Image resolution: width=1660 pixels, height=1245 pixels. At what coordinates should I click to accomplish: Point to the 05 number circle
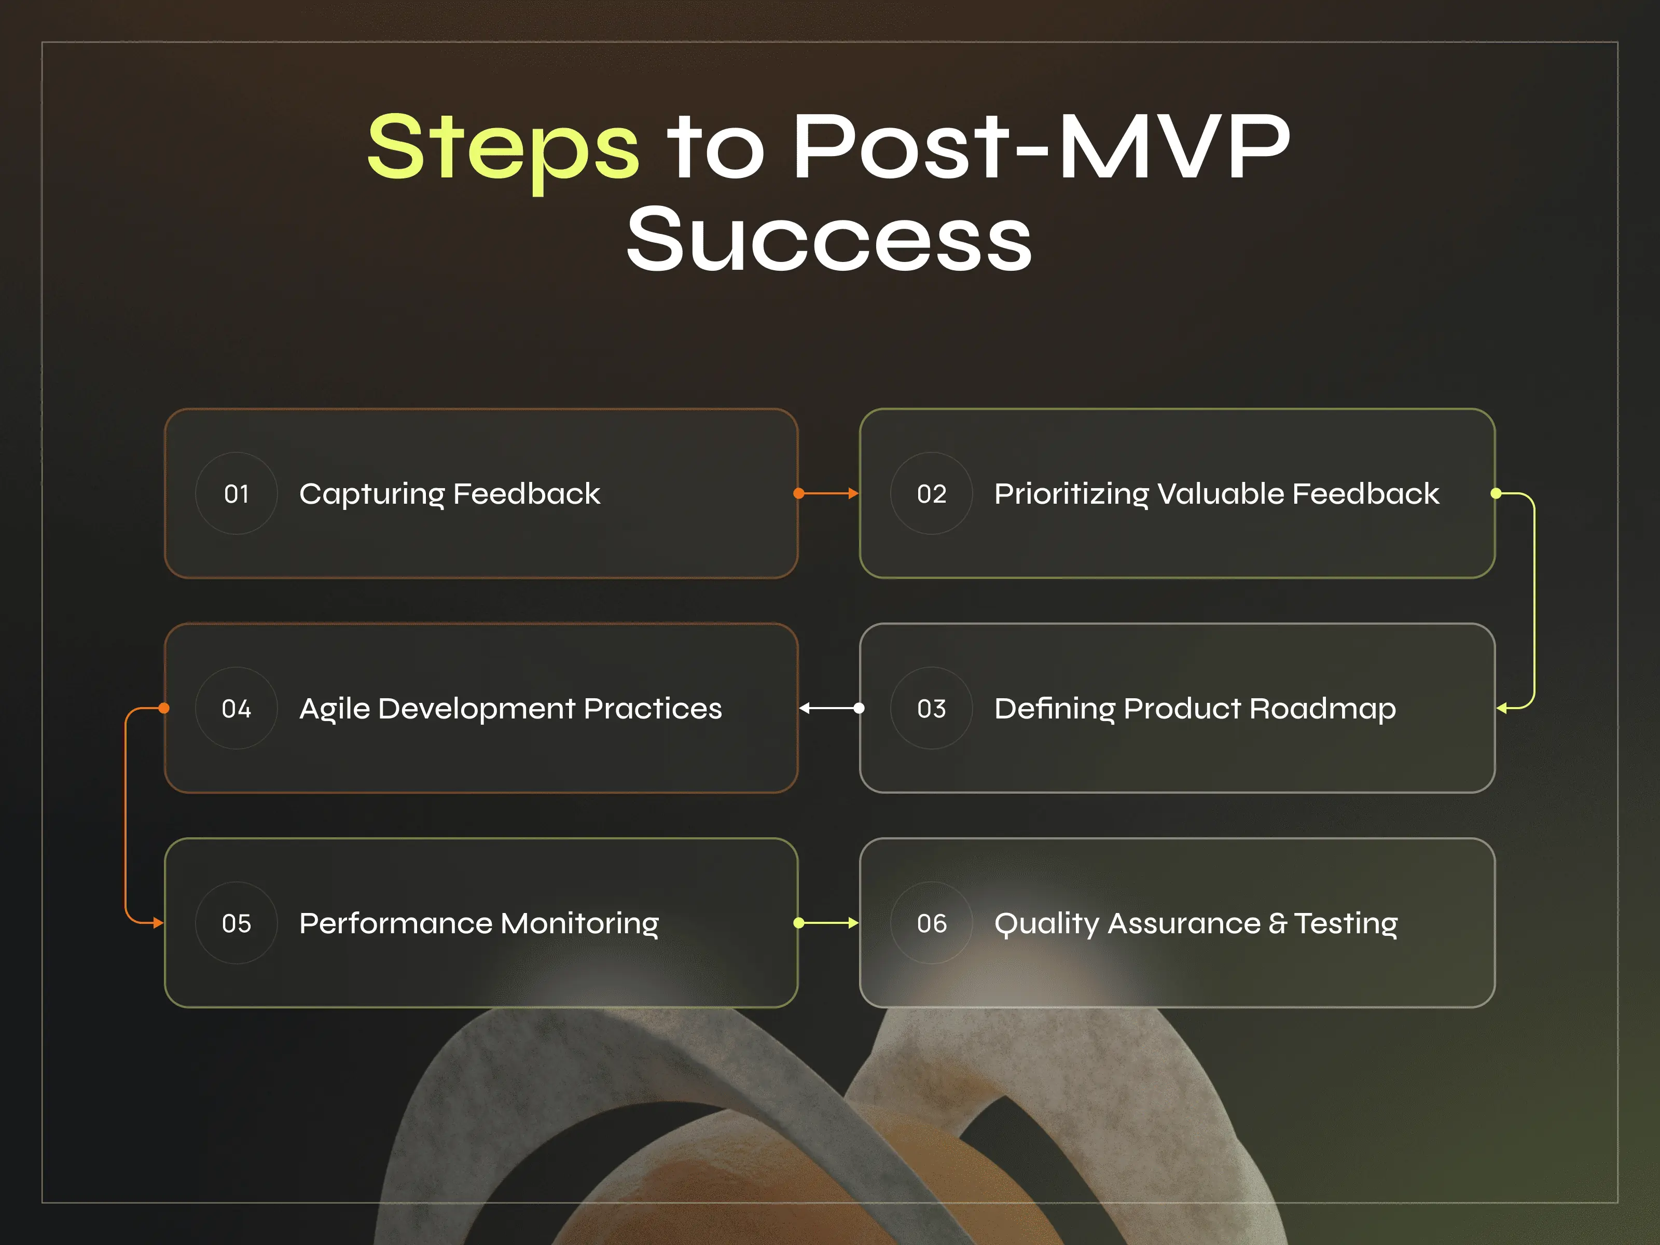(237, 923)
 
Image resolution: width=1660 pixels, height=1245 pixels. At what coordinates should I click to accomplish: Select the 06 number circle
(931, 923)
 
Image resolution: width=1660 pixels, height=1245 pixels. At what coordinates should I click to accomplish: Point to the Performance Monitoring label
(479, 923)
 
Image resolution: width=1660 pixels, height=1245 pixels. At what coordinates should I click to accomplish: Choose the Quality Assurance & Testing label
(1196, 923)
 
